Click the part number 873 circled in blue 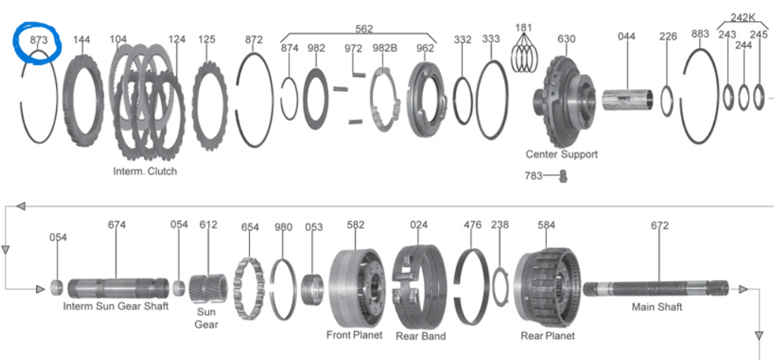tap(39, 39)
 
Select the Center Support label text tap(561, 154)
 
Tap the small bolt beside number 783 tap(562, 176)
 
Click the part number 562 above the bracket tap(364, 29)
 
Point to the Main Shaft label tap(657, 306)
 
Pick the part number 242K tap(742, 17)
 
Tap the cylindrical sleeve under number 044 tap(627, 99)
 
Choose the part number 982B tap(384, 48)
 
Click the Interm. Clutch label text tap(145, 171)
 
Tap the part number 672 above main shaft tap(660, 225)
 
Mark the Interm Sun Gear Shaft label tap(116, 306)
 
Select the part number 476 tap(472, 225)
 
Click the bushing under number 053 tap(312, 288)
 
